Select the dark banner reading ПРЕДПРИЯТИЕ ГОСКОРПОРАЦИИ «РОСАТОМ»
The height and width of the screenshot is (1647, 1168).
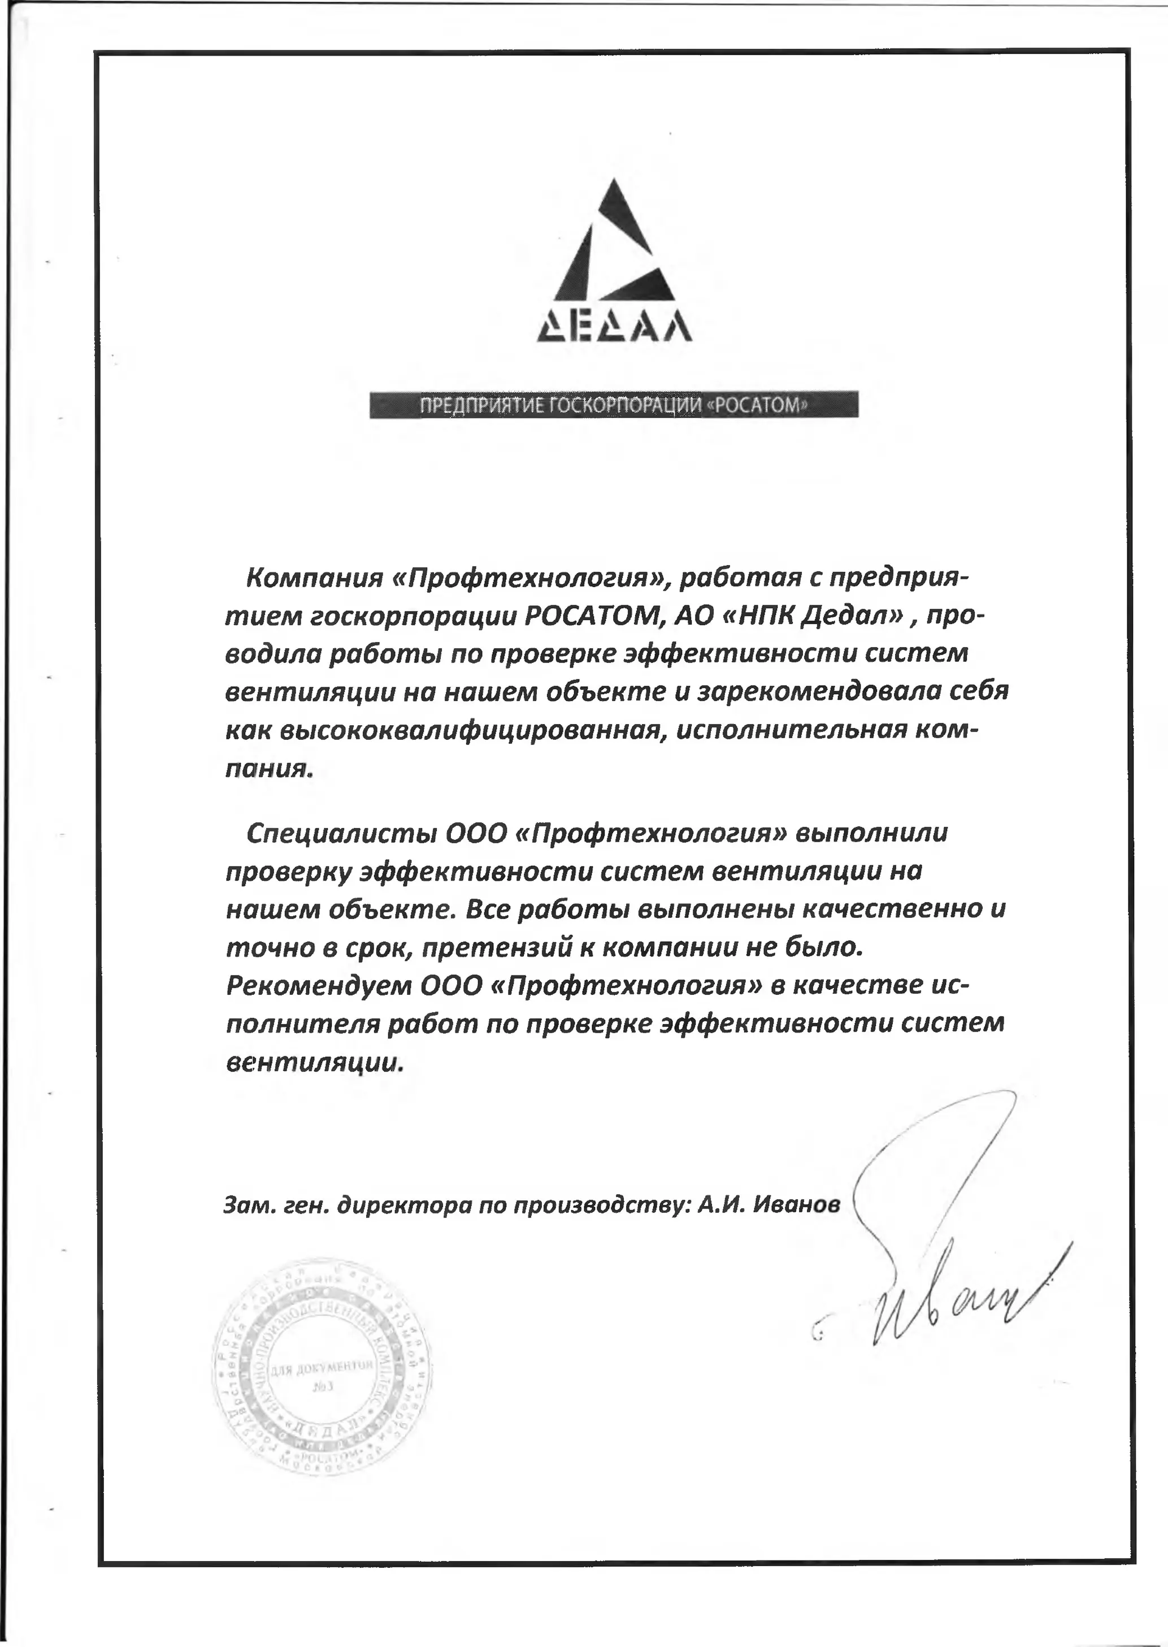pos(614,404)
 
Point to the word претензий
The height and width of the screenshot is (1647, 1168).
pos(496,948)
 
